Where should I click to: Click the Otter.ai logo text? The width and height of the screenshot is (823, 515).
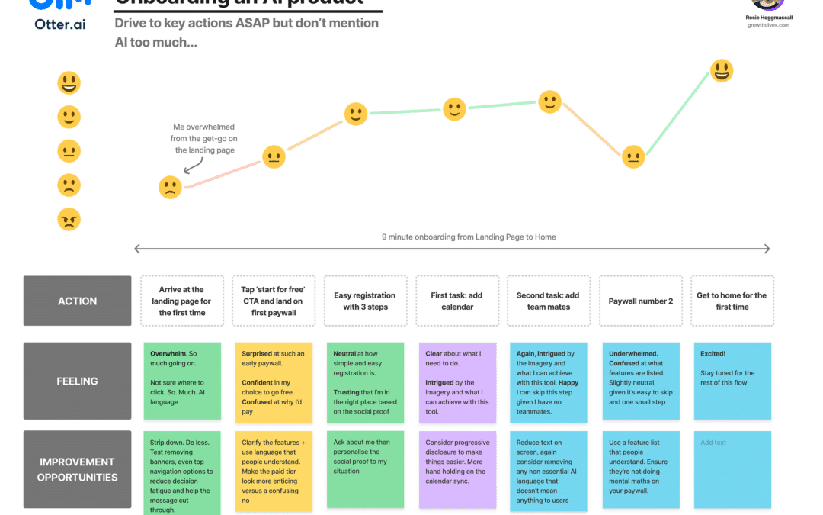tap(60, 24)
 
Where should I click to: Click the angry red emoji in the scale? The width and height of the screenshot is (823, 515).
tap(69, 220)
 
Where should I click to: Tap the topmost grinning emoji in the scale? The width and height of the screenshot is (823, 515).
tap(69, 82)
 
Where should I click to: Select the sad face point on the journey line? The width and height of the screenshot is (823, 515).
tap(170, 187)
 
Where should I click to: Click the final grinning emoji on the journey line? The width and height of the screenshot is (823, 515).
tap(722, 71)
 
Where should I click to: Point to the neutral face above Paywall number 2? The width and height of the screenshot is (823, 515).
tap(633, 156)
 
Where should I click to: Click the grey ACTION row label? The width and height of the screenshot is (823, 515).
tap(78, 301)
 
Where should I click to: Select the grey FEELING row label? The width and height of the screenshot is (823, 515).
tap(78, 381)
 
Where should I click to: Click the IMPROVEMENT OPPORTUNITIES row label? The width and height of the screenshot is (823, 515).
tap(78, 469)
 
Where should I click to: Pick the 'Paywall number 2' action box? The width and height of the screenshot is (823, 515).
tap(641, 301)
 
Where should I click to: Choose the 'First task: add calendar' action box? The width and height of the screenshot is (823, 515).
tap(457, 301)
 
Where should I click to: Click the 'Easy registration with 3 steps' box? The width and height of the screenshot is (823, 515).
tap(365, 301)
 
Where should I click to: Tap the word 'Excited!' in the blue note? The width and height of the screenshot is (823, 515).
tap(714, 354)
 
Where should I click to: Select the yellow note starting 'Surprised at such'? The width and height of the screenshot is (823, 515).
tap(274, 381)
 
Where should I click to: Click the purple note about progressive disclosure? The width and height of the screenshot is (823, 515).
tap(457, 469)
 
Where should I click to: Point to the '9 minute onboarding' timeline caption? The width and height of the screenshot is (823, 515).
tap(469, 237)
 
